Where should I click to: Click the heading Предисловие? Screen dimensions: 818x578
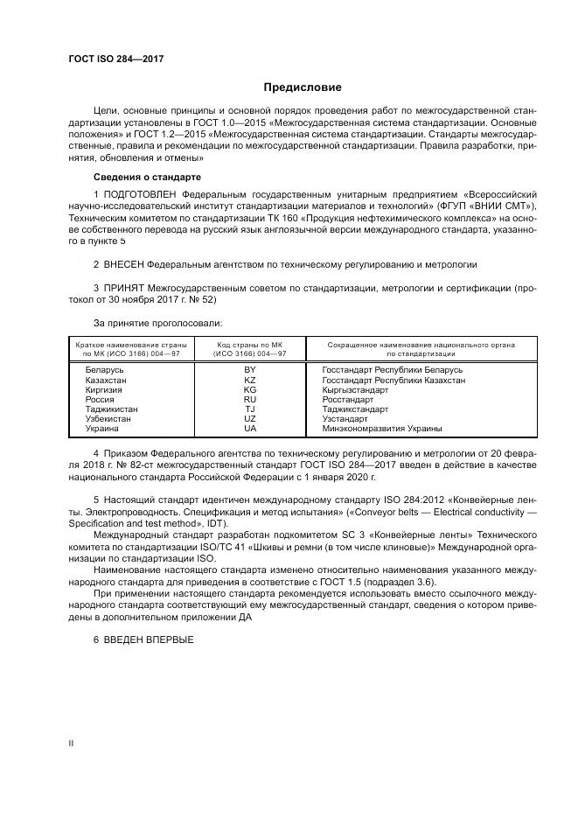click(303, 87)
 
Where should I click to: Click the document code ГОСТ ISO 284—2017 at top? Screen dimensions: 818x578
click(115, 59)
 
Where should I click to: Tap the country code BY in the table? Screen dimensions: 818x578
click(249, 370)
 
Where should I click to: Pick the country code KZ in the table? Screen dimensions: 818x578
click(249, 381)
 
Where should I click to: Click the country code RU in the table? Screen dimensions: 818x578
click(249, 400)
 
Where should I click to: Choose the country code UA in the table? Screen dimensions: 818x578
click(249, 429)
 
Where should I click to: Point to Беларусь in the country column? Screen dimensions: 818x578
click(104, 370)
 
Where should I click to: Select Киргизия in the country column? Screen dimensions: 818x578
click(104, 390)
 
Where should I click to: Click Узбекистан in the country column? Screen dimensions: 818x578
click(108, 419)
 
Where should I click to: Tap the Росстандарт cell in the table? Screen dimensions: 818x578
click(348, 400)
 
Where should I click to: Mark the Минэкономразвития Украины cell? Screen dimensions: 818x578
click(381, 429)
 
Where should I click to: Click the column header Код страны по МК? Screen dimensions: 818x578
click(249, 346)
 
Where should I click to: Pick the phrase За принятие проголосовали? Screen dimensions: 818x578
click(145, 323)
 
